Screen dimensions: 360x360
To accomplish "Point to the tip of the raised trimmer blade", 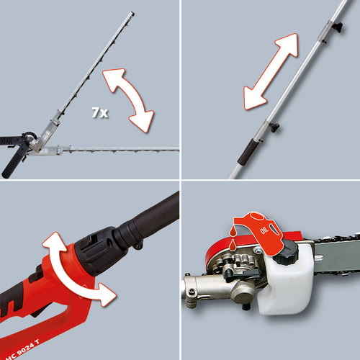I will pyautogui.click(x=133, y=14).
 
